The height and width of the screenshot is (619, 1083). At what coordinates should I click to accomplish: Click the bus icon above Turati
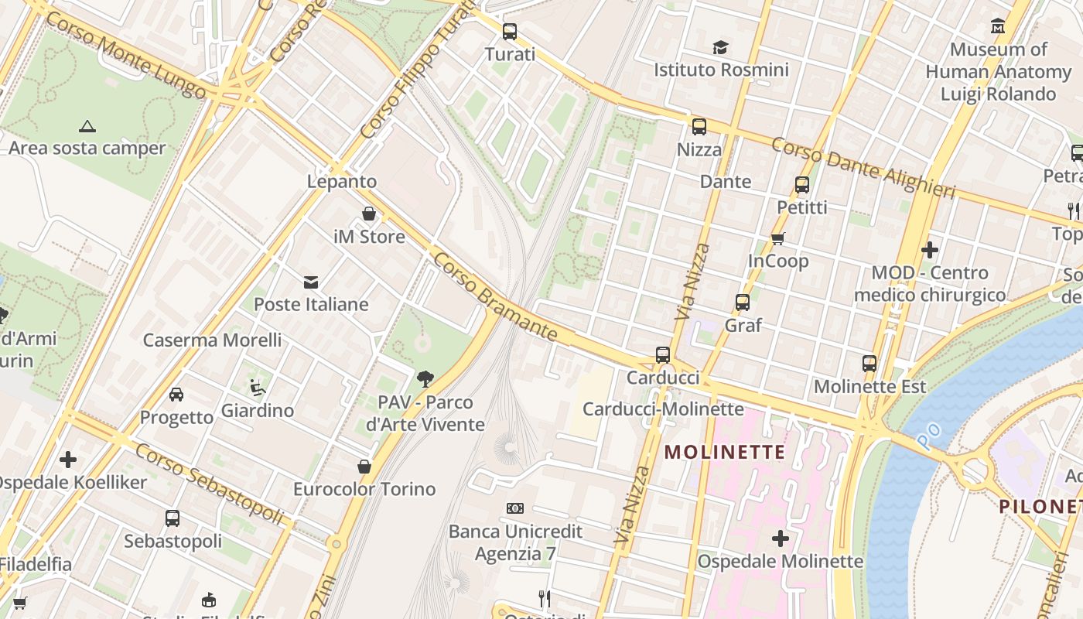pyautogui.click(x=509, y=32)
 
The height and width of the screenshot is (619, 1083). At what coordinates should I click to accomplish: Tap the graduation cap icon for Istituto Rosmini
pyautogui.click(x=721, y=47)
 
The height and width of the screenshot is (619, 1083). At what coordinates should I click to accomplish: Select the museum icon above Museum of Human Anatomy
pyautogui.click(x=998, y=26)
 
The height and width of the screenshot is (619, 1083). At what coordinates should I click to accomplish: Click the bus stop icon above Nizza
pyautogui.click(x=699, y=127)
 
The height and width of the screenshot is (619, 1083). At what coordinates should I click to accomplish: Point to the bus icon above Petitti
pyautogui.click(x=802, y=185)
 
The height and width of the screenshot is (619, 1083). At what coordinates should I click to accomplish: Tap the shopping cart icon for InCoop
pyautogui.click(x=777, y=238)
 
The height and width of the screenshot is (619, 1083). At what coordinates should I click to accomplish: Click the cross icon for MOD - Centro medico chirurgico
pyautogui.click(x=930, y=250)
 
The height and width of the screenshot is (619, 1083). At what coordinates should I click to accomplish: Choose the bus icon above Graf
pyautogui.click(x=743, y=303)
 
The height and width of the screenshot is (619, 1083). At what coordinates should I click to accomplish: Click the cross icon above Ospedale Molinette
pyautogui.click(x=780, y=538)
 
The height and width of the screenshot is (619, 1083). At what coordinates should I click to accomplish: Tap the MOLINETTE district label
pyautogui.click(x=725, y=452)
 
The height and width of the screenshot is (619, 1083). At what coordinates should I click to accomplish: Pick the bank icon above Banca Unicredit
pyautogui.click(x=515, y=508)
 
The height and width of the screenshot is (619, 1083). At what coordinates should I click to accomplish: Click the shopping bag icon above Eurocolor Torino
pyautogui.click(x=364, y=467)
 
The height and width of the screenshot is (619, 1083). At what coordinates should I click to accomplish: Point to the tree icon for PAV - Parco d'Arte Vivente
pyautogui.click(x=425, y=379)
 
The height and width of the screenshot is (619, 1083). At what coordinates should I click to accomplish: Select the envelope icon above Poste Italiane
pyautogui.click(x=311, y=282)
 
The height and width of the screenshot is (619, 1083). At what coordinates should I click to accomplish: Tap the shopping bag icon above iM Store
pyautogui.click(x=369, y=214)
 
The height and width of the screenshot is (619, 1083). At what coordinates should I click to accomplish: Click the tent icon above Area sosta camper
pyautogui.click(x=87, y=125)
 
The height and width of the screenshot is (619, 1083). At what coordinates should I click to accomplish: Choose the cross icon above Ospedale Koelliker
pyautogui.click(x=68, y=460)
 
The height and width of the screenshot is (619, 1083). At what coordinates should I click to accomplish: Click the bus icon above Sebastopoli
pyautogui.click(x=173, y=518)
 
